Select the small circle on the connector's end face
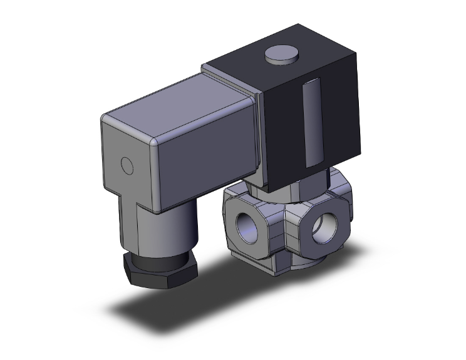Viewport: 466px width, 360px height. pyautogui.click(x=128, y=166)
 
